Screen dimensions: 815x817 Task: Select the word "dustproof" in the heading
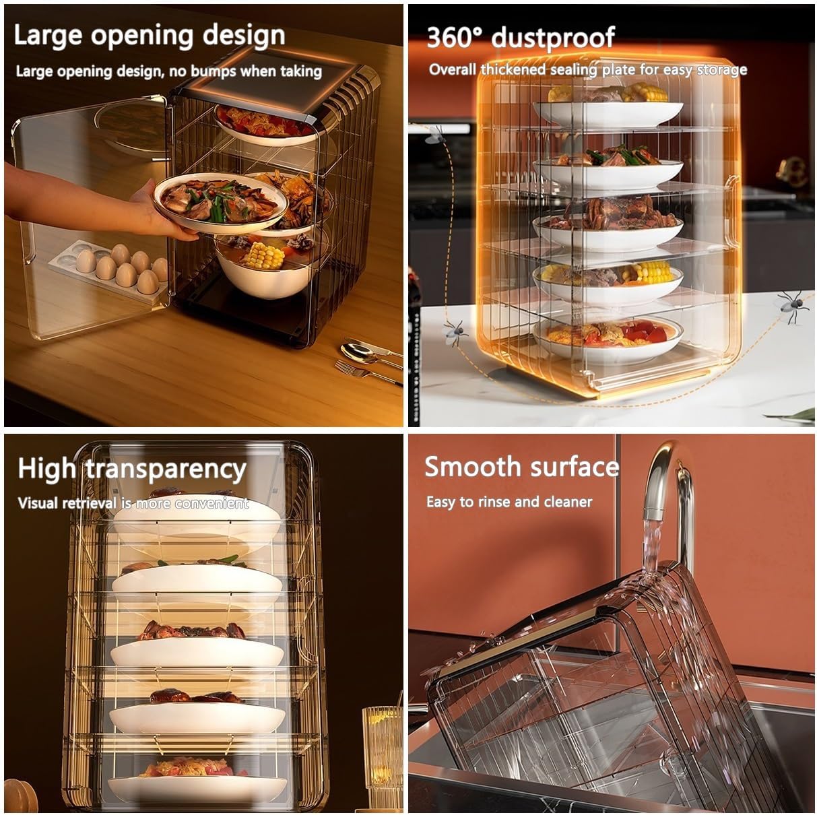(x=553, y=38)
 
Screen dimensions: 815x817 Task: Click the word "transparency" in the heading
(x=166, y=469)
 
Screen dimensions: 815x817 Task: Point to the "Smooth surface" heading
(x=521, y=466)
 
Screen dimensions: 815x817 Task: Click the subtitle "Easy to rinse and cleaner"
(x=509, y=502)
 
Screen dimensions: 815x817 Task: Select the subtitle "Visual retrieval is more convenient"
(x=133, y=503)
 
